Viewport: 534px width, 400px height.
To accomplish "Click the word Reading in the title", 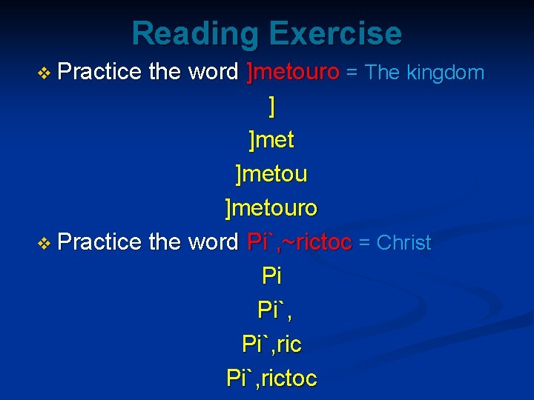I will click(x=195, y=34).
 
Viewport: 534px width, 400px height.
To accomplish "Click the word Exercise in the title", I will click(x=334, y=34).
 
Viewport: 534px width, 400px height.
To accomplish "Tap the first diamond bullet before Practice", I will click(x=46, y=73).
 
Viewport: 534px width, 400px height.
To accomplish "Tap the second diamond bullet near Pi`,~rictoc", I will click(x=46, y=243).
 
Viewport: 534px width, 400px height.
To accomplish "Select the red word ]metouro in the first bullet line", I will click(x=293, y=73).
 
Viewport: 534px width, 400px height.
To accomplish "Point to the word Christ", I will click(x=404, y=242).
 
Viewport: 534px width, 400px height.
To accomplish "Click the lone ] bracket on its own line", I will click(x=272, y=107).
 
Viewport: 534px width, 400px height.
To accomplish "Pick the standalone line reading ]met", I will click(x=271, y=140).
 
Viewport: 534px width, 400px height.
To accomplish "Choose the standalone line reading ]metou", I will click(x=271, y=174).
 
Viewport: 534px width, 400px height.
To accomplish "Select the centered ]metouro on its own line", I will click(x=271, y=208).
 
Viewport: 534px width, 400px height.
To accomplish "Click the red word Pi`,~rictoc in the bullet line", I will click(x=300, y=242).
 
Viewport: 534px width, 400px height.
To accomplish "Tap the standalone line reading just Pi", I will click(x=271, y=276).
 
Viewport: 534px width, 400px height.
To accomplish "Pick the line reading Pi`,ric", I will click(x=271, y=344).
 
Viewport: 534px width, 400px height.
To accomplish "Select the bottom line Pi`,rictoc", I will click(x=271, y=379).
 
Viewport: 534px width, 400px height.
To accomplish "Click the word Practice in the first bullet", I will click(x=100, y=73).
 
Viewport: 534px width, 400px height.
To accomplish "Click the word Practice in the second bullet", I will click(x=100, y=242).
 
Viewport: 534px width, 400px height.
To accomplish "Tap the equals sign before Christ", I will click(x=364, y=243).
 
